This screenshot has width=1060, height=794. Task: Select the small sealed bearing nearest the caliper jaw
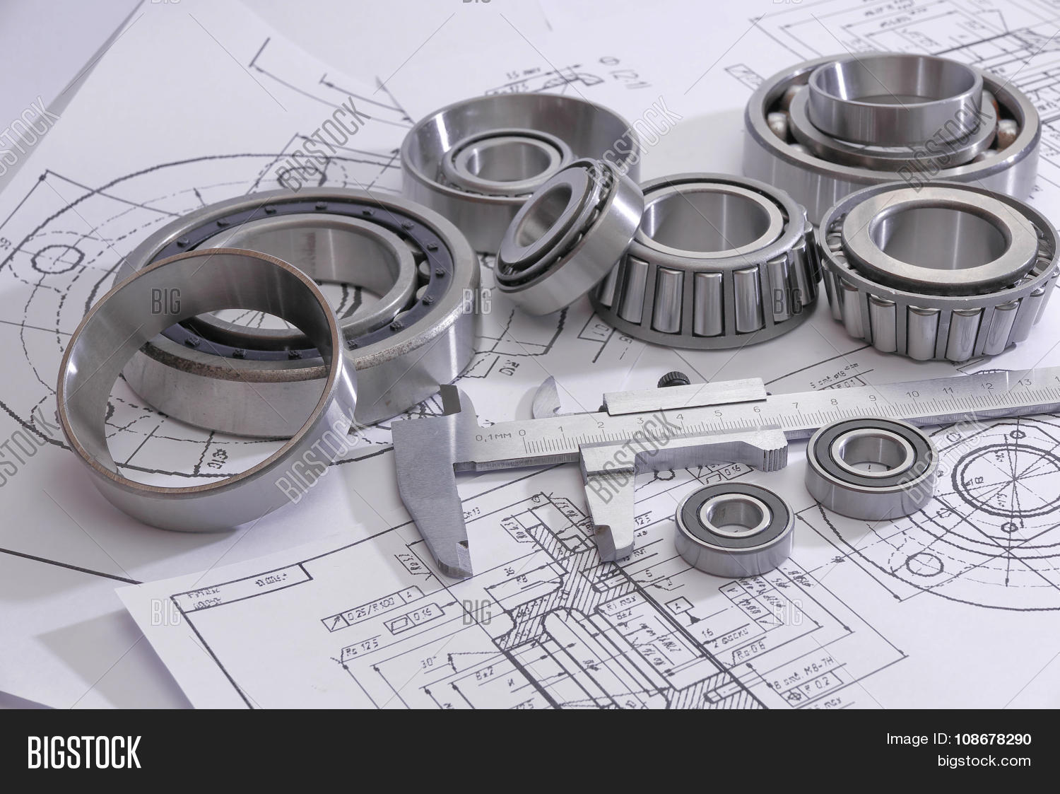tap(734, 529)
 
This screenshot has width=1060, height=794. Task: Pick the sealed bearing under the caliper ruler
tap(871, 468)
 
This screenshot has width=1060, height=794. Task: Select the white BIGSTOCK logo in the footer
tap(83, 752)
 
